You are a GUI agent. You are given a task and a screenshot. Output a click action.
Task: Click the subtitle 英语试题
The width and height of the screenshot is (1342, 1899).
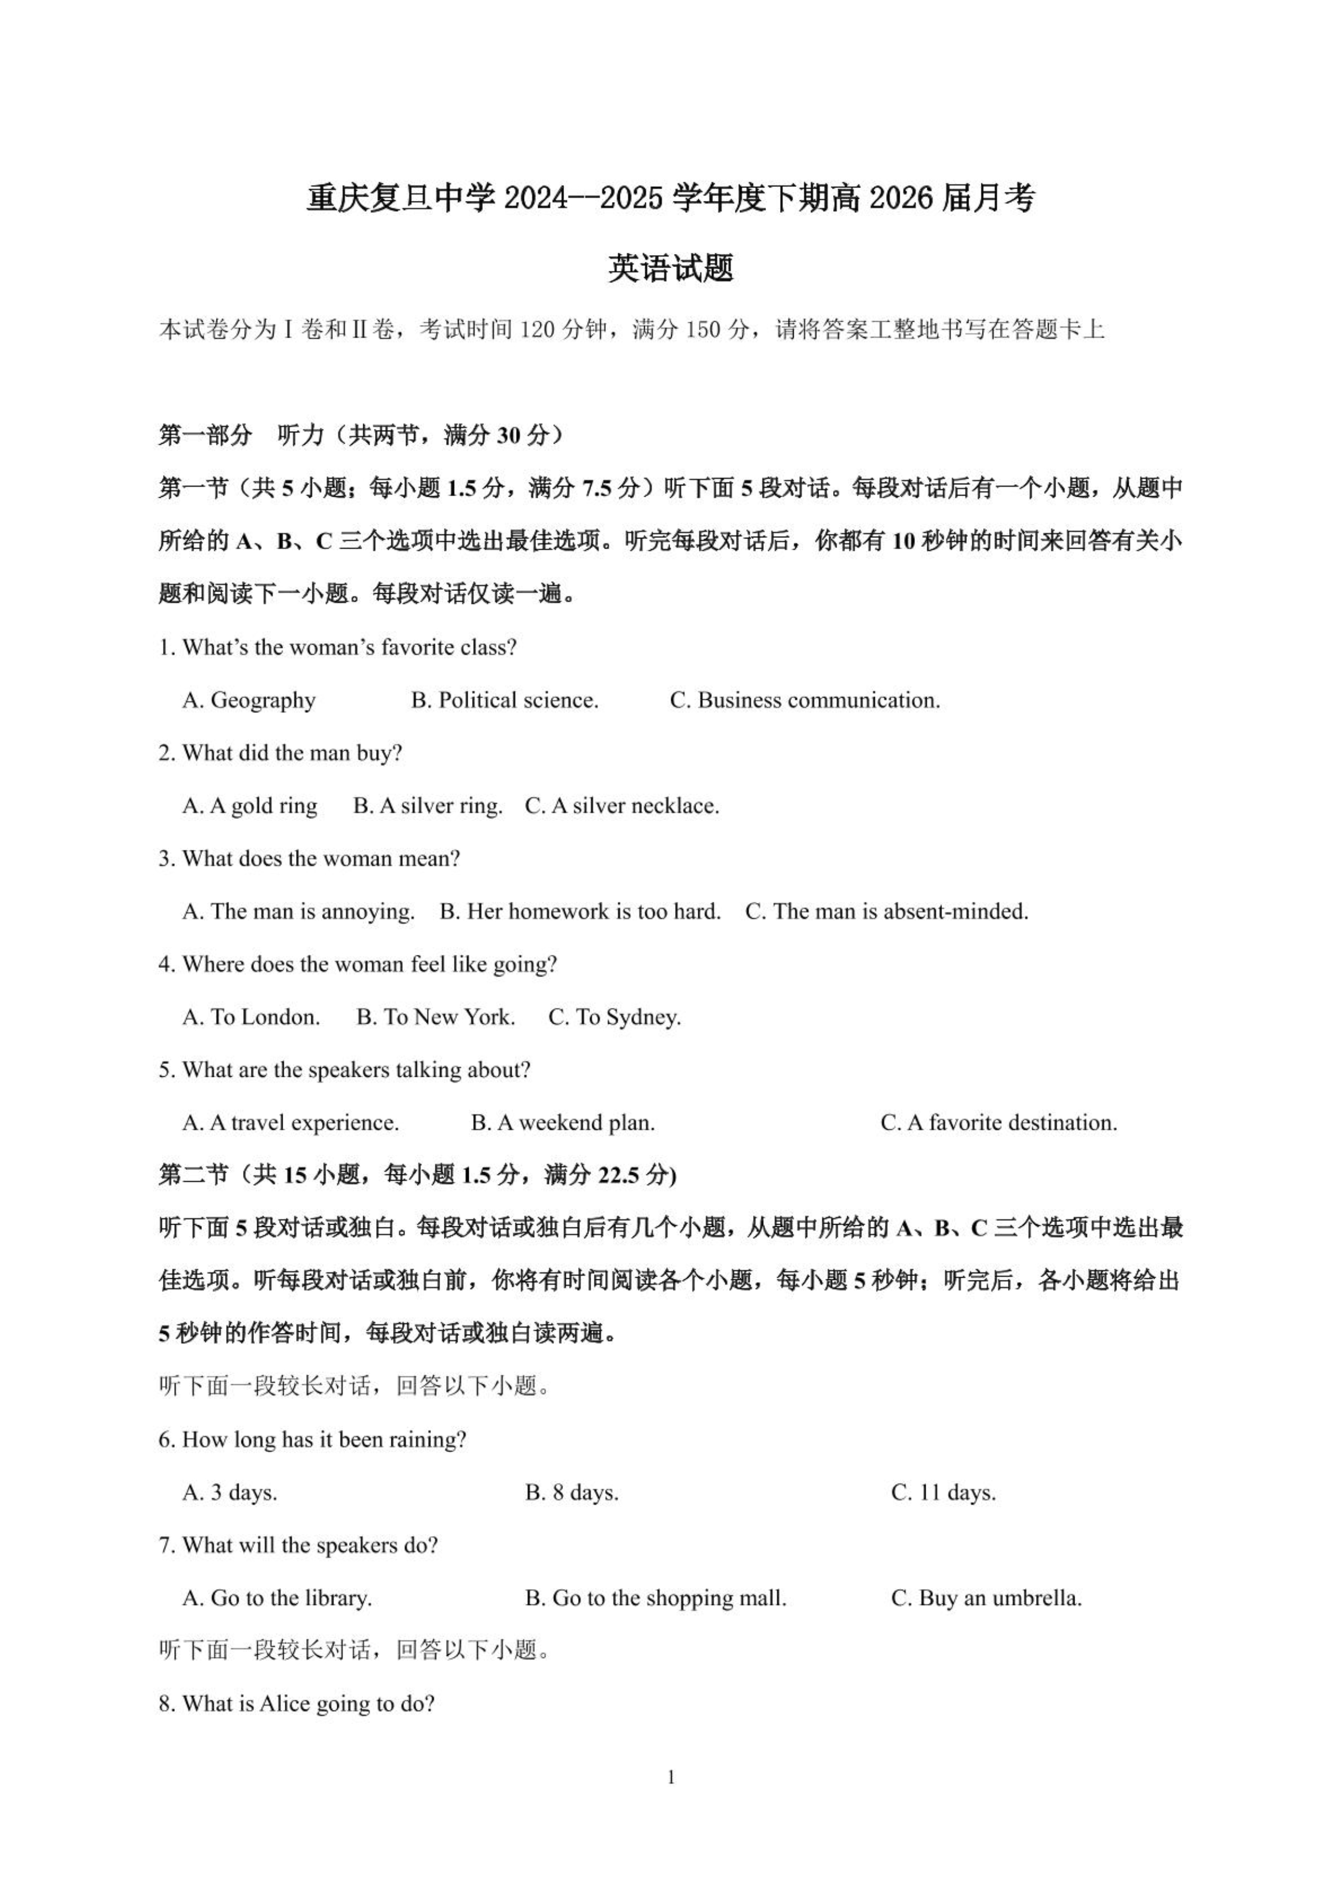click(671, 268)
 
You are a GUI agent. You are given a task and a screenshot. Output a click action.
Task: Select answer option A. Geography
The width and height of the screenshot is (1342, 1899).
click(249, 700)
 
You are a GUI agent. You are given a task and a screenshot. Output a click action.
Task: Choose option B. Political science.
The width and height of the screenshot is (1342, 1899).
click(505, 700)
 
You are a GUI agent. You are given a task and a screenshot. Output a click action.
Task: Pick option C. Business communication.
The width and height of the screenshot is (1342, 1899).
click(804, 700)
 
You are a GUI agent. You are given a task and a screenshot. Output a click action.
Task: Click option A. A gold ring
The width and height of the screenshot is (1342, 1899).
click(250, 805)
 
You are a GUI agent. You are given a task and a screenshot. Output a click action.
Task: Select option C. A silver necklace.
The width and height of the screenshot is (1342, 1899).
click(622, 805)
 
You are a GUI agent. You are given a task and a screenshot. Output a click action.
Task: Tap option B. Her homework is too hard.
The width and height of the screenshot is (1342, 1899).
click(580, 912)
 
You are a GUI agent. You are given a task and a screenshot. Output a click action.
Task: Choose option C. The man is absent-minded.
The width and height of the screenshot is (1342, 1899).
click(886, 912)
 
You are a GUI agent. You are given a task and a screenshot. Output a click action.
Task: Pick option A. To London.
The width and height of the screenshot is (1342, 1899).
click(251, 1017)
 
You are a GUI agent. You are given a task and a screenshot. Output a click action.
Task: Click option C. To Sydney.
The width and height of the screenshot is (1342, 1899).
click(614, 1017)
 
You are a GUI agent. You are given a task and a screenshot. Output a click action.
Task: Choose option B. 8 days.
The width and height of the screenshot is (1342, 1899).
click(571, 1493)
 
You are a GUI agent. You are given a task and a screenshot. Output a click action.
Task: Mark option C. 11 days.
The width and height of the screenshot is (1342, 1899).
click(944, 1493)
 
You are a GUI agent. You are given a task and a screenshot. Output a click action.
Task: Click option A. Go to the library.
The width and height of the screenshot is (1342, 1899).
click(277, 1598)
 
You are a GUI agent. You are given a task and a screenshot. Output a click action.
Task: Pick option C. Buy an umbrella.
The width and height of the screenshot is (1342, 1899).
click(986, 1598)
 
